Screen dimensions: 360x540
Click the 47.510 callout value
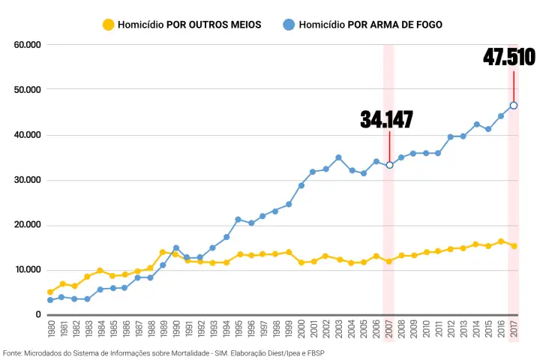[508, 57]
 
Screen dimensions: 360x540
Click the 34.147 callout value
[386, 119]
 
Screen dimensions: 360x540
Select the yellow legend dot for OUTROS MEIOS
[109, 25]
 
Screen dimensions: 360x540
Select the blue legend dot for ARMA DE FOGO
[289, 25]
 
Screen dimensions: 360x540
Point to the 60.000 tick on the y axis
[27, 45]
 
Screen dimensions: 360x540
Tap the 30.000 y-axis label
[27, 180]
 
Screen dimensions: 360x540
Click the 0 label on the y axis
[37, 315]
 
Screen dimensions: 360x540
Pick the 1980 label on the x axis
[50, 331]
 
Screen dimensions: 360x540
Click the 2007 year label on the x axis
[388, 331]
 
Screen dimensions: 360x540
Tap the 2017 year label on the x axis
[514, 331]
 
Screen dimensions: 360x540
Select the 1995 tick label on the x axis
[238, 331]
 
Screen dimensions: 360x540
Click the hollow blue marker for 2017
[514, 105]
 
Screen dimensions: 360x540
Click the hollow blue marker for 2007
[389, 165]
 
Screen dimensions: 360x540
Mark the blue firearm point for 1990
[175, 248]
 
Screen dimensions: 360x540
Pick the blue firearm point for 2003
[338, 157]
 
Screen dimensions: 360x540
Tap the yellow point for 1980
[50, 292]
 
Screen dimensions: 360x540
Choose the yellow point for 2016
[501, 241]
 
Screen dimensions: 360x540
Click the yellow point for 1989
[163, 253]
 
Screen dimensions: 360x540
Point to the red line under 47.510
[514, 85]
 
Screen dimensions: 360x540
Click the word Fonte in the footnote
[12, 352]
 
